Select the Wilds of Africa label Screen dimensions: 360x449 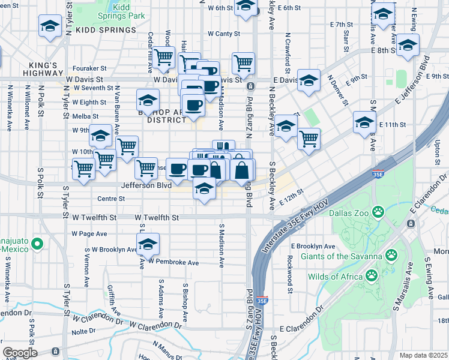point(335,277)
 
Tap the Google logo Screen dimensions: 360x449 point(20,352)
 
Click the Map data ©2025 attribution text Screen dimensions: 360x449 point(424,355)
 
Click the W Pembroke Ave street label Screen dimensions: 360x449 point(173,262)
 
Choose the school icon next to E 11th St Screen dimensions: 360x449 point(364,122)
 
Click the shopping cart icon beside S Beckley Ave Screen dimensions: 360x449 point(309,138)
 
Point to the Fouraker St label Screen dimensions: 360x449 point(89,68)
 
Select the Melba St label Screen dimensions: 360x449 point(85,116)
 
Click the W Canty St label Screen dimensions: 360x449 point(223,34)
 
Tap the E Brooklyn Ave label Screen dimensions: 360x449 point(313,247)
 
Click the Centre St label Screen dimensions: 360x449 point(111,198)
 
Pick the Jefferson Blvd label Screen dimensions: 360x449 point(146,186)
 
